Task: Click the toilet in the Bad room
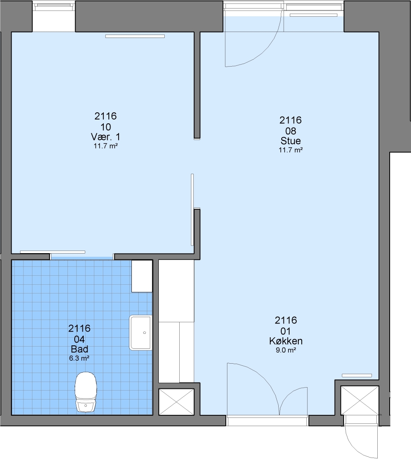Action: [86, 392]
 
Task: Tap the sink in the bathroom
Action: [141, 333]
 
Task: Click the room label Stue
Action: [291, 140]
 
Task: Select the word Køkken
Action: [286, 341]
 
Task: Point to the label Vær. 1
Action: [105, 137]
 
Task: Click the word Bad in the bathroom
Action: [79, 349]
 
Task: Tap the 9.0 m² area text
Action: [286, 350]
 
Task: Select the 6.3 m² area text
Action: [79, 358]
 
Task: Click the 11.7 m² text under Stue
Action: [291, 150]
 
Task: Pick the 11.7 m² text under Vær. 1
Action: [106, 146]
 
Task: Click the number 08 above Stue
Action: [291, 131]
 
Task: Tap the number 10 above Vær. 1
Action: [106, 127]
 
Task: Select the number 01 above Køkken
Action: [286, 331]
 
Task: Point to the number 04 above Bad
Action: [79, 339]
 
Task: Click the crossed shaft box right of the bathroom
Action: [176, 402]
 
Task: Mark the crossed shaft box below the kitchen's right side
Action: [359, 400]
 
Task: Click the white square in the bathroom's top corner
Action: [142, 276]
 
